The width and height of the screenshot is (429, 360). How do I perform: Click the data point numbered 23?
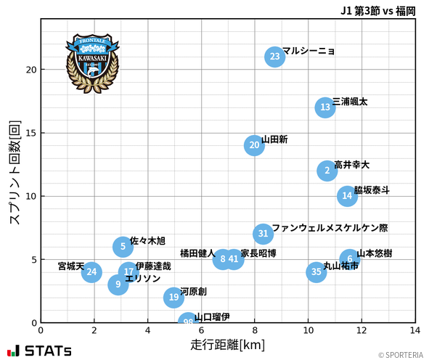[274, 57]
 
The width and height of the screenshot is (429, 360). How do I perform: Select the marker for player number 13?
[325, 107]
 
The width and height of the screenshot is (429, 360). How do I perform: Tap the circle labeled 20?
[253, 145]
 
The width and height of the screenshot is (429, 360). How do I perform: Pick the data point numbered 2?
[327, 171]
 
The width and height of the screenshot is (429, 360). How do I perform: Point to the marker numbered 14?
[347, 196]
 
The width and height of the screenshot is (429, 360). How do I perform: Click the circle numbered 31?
[263, 234]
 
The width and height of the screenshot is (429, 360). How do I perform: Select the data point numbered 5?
[123, 247]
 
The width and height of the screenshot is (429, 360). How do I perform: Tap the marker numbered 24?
[91, 272]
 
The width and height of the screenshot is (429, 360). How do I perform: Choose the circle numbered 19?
[173, 297]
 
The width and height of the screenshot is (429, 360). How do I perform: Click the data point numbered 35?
[316, 272]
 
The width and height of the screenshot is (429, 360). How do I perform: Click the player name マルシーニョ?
[309, 51]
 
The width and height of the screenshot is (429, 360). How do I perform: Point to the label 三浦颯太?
[350, 102]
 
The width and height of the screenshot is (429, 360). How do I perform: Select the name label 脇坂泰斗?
[372, 190]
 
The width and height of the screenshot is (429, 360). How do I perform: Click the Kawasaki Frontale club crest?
[91, 62]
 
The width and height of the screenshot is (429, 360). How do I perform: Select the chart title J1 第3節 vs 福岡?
[377, 11]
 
